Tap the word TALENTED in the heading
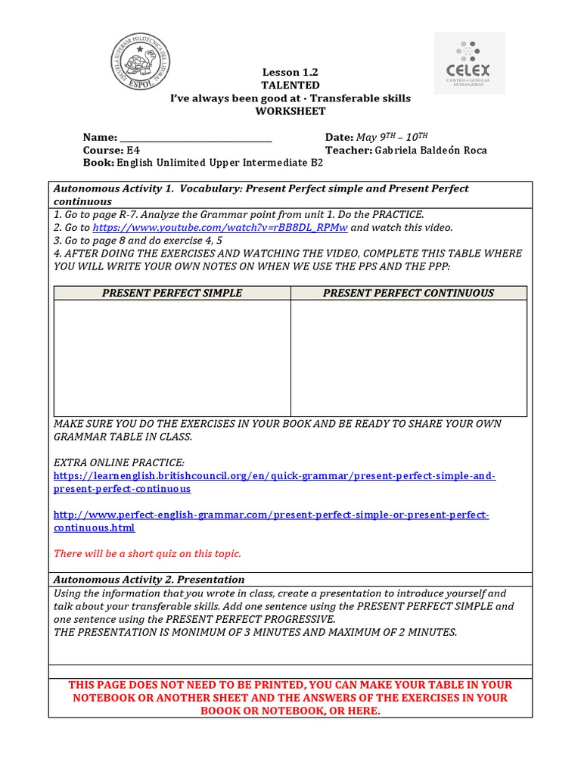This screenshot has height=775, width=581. pos(290,86)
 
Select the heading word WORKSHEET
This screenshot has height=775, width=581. pos(290,111)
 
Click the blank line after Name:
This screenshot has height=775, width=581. pos(196,138)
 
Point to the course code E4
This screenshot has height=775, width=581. pos(133,150)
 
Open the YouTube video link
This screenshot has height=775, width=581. pos(220,227)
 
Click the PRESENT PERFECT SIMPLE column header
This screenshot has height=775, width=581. pos(172,293)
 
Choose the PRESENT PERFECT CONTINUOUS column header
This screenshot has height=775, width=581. pos(409,293)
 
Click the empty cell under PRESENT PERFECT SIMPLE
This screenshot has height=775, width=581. pos(172,357)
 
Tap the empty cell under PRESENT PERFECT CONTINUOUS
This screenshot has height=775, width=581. pos(409,357)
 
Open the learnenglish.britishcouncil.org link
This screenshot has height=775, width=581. pos(275,482)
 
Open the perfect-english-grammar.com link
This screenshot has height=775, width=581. pos(271,521)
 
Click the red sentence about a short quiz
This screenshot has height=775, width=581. pos(148,553)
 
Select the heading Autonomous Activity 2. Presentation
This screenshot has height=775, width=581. pos(149,580)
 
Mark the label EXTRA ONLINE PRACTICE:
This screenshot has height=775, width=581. pos(119,462)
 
